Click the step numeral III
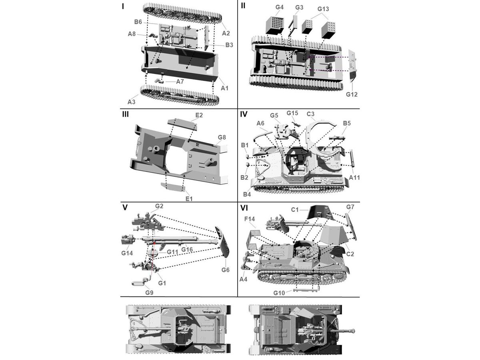pyautogui.click(x=126, y=114)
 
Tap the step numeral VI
pyautogui.click(x=244, y=208)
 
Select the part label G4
pyautogui.click(x=279, y=7)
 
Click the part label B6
pyautogui.click(x=138, y=22)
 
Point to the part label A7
pyautogui.click(x=180, y=82)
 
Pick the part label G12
pyautogui.click(x=352, y=94)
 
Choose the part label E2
pyautogui.click(x=199, y=115)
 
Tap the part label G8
pyautogui.click(x=222, y=137)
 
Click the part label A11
pyautogui.click(x=354, y=178)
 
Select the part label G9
pyautogui.click(x=149, y=292)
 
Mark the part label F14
pyautogui.click(x=250, y=219)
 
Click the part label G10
pyautogui.click(x=279, y=293)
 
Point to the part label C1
pyautogui.click(x=295, y=210)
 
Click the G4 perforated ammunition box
pyautogui.click(x=275, y=25)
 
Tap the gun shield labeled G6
pyautogui.click(x=222, y=242)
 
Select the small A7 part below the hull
pyautogui.click(x=160, y=81)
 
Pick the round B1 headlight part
pyautogui.click(x=247, y=156)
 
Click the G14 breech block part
pyautogui.click(x=127, y=239)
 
